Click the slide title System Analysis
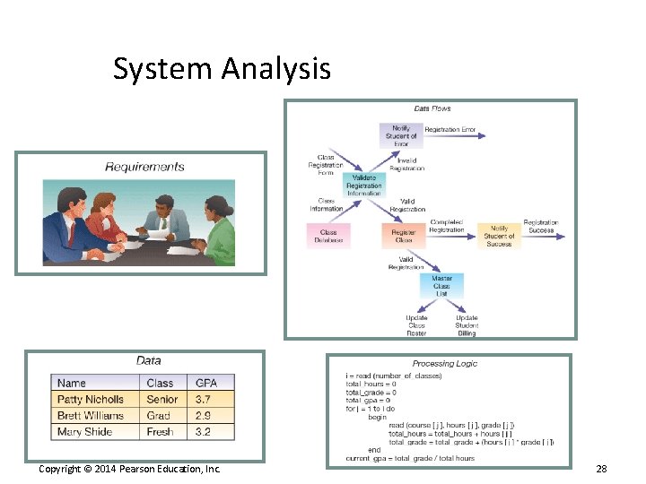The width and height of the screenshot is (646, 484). pos(222,68)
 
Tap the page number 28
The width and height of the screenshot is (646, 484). pos(601,470)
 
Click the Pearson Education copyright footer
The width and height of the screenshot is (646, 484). pos(129,469)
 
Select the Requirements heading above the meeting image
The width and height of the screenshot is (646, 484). pos(144,166)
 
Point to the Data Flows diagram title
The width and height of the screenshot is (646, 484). pos(432,108)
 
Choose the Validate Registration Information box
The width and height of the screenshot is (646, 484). pos(363,186)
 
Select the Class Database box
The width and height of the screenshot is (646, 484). pos(328,237)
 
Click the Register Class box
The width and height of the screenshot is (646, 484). pos(404,237)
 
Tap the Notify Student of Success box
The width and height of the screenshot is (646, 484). pos(499,237)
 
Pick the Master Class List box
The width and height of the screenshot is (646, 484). pos(442,286)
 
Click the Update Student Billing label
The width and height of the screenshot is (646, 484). pos(467,325)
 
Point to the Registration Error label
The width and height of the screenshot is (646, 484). pos(450,130)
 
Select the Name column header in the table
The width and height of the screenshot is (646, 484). pos(72,383)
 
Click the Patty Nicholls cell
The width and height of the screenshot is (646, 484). pos(92,399)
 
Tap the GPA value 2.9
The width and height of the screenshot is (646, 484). pos(205,415)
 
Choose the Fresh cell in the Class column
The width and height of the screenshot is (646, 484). pos(160,431)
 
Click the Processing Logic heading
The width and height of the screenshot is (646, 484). pos(444,364)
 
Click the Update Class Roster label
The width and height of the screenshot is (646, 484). pos(416,325)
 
